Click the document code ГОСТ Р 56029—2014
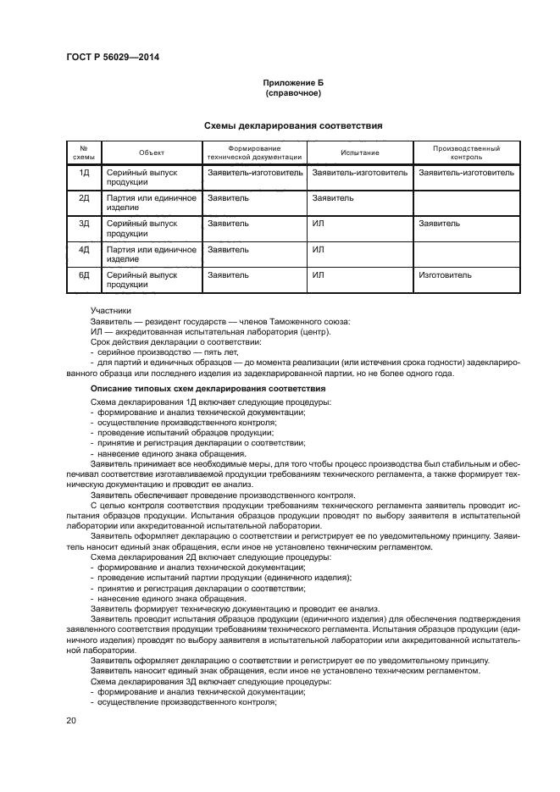coord(112,57)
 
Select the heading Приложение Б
coord(293,83)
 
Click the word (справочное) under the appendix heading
coord(293,93)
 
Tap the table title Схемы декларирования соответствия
coord(293,125)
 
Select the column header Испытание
coord(359,152)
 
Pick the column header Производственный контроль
coord(467,152)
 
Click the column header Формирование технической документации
coord(254,152)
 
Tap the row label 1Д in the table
coord(84,172)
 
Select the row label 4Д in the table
coord(84,250)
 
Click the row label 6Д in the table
coord(84,275)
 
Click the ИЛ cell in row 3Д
coord(319,224)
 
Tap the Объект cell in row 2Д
coord(151,202)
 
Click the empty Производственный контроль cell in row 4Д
coord(467,254)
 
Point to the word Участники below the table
coord(111,311)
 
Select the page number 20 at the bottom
coord(71,720)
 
